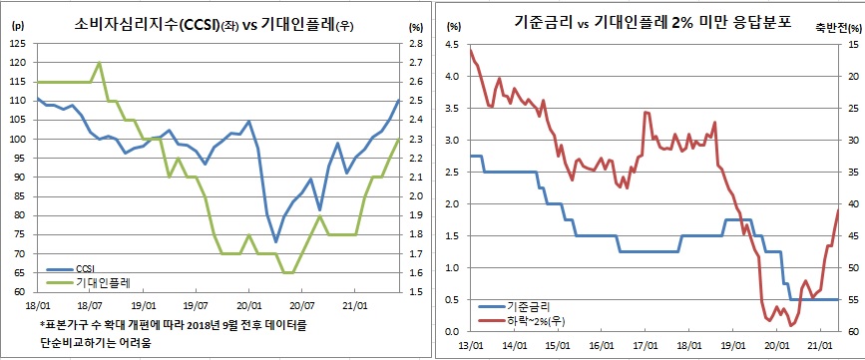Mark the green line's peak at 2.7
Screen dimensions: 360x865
(x=99, y=63)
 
